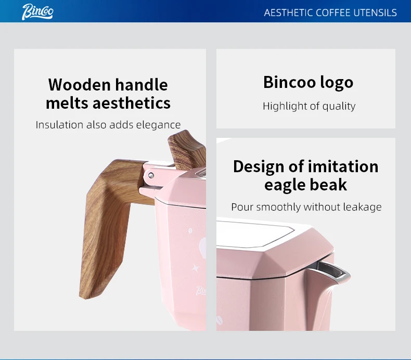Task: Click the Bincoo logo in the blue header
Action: pos(37,12)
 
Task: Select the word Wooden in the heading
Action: pos(80,85)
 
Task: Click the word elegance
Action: pos(158,125)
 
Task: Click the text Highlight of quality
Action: pos(309,106)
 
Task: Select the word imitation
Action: pos(343,166)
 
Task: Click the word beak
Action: pos(328,184)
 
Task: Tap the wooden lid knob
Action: pos(187,150)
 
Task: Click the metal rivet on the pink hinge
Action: pos(151,175)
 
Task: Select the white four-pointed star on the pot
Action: pos(196,268)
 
